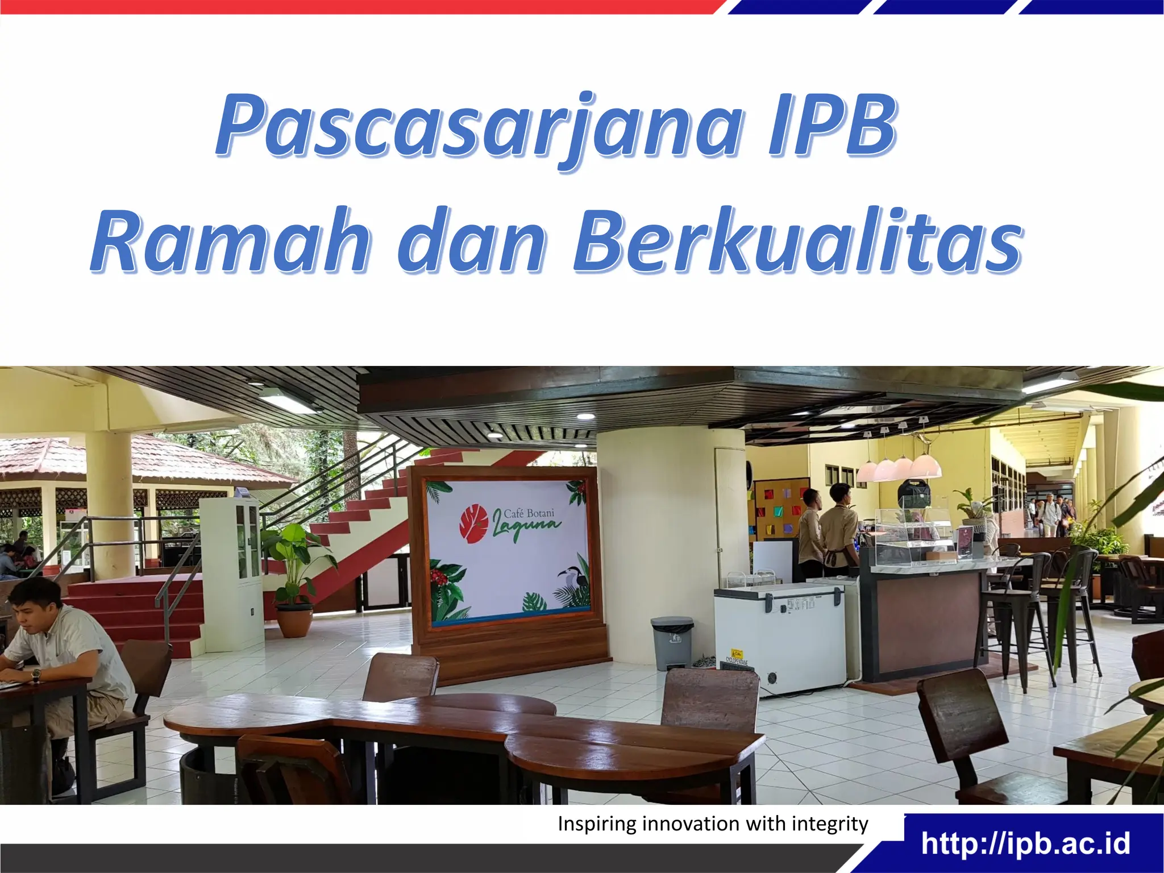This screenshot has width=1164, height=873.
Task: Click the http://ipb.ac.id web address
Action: pos(1026,843)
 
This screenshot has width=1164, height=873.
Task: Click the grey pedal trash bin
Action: pos(673,642)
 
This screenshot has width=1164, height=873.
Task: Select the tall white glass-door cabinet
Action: pos(232,573)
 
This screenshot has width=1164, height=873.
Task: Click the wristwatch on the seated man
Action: pos(36,675)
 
